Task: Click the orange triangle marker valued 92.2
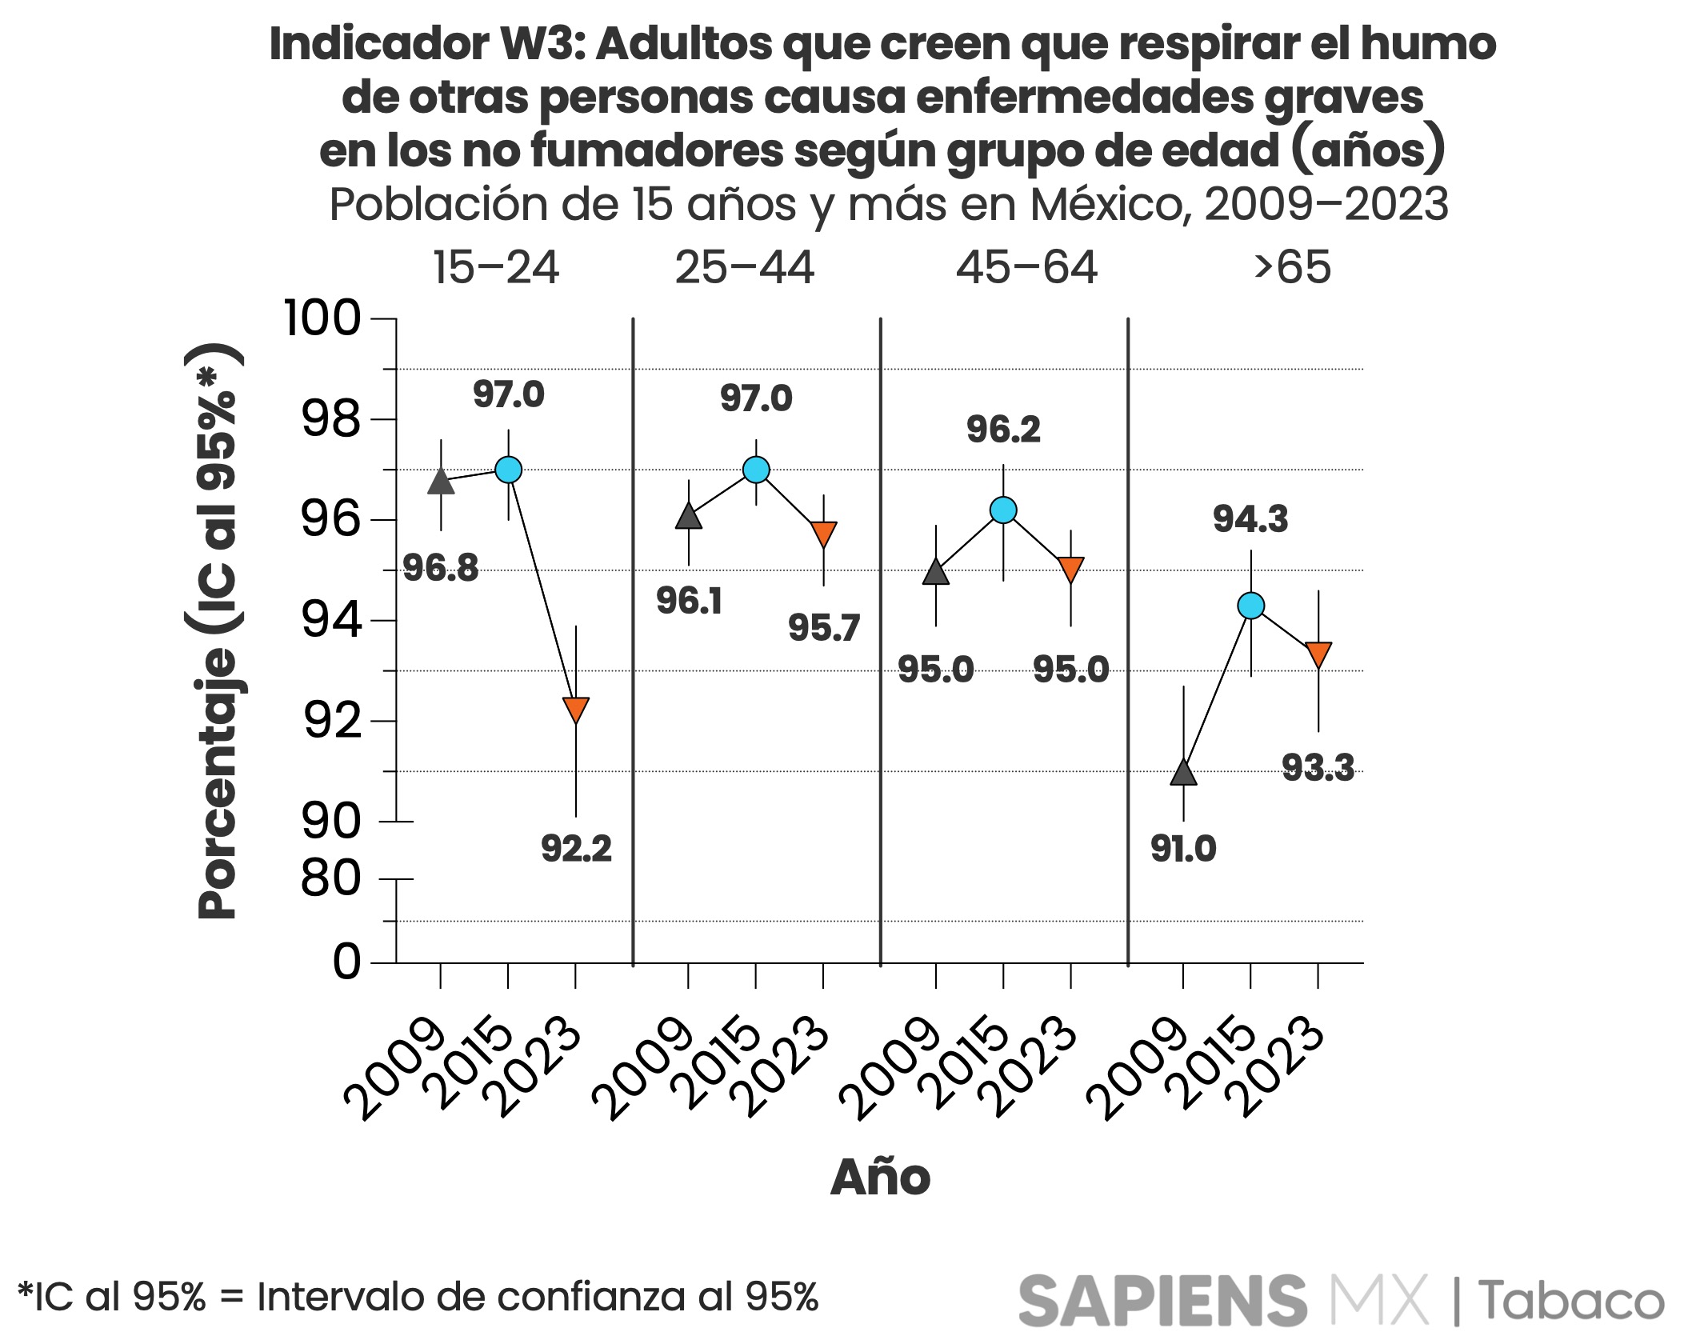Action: (x=576, y=709)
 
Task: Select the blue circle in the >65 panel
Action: (x=1250, y=606)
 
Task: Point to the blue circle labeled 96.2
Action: (x=1003, y=510)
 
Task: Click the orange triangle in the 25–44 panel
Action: (x=823, y=533)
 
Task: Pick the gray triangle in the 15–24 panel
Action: (x=441, y=482)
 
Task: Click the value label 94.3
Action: (x=1250, y=519)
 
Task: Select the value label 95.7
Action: (x=823, y=628)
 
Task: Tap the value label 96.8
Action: (x=441, y=569)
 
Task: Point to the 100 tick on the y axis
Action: (x=322, y=318)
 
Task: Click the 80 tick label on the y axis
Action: (x=331, y=879)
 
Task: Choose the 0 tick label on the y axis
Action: (x=347, y=962)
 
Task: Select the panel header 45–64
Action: (x=1026, y=267)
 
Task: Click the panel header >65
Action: (x=1292, y=267)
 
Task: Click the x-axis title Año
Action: (x=880, y=1178)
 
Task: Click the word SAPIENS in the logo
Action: (x=1162, y=1300)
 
